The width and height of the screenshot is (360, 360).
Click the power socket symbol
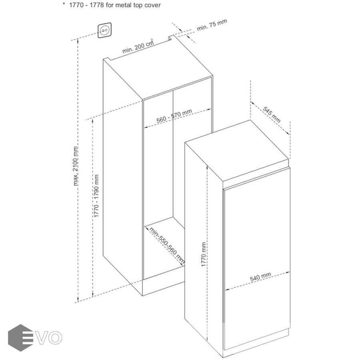pos(105,30)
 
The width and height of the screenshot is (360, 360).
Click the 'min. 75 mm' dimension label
pos(212,25)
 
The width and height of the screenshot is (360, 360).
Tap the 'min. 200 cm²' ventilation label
pos(138,46)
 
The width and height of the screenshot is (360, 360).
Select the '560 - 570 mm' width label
pos(174,116)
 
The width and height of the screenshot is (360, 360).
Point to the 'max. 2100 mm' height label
pos(76,166)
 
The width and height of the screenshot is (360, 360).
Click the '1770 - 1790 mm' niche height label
pos(96,196)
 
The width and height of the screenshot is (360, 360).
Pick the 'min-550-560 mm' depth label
pos(167,245)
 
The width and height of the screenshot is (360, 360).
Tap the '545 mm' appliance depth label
pos(272,115)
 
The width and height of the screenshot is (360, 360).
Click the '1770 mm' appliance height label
pos(204,254)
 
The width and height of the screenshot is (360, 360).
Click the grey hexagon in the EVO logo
pos(20,338)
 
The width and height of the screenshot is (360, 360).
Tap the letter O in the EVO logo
pos(55,338)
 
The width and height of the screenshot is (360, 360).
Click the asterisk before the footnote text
pos(64,4)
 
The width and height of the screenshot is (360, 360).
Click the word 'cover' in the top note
pos(152,5)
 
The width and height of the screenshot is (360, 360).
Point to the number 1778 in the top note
pos(97,5)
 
